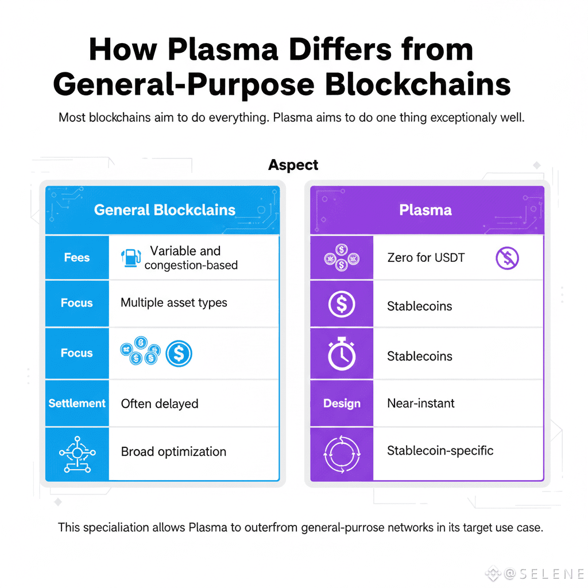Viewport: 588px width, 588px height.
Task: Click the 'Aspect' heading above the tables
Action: pyautogui.click(x=293, y=165)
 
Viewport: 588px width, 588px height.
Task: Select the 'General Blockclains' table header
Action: pyautogui.click(x=165, y=210)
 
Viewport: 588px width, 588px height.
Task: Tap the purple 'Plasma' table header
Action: pyautogui.click(x=425, y=210)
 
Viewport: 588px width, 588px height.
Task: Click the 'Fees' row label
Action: pyautogui.click(x=77, y=258)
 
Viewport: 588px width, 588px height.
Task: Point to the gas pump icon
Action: pyautogui.click(x=131, y=258)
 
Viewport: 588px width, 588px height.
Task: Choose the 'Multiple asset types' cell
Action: pyautogui.click(x=174, y=303)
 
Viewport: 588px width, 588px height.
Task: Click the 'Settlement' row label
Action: pyautogui.click(x=77, y=403)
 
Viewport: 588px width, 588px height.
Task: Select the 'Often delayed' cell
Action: pyautogui.click(x=160, y=404)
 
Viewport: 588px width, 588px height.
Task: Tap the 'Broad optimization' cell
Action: pyautogui.click(x=173, y=452)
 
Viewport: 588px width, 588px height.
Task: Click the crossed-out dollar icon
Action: pyautogui.click(x=507, y=258)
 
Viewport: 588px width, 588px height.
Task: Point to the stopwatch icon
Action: pyautogui.click(x=342, y=353)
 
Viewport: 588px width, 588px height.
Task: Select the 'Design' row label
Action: pyautogui.click(x=342, y=404)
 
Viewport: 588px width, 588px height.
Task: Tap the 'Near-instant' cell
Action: pyautogui.click(x=421, y=404)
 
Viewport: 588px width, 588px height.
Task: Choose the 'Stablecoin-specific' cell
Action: pyautogui.click(x=440, y=451)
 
